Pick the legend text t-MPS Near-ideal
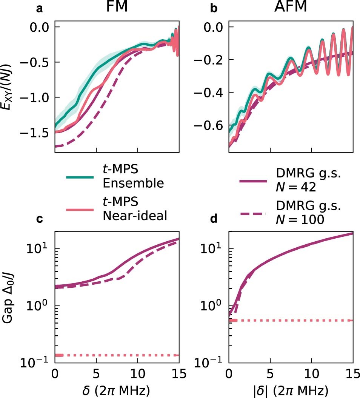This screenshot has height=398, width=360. click(x=135, y=210)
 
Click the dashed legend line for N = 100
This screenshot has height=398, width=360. click(x=252, y=214)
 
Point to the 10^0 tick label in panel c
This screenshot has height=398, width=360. click(x=36, y=305)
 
